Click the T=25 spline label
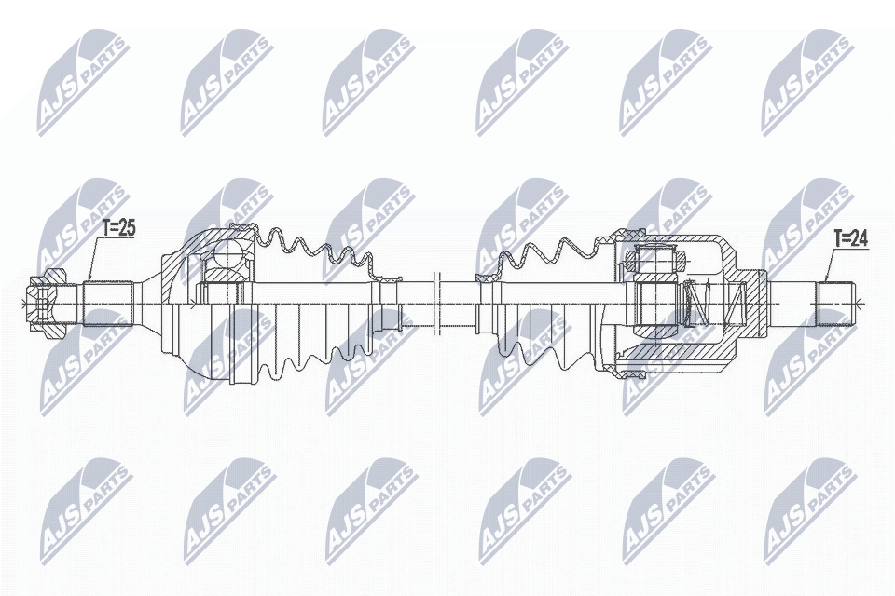[118, 227]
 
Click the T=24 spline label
[849, 239]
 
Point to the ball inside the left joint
[227, 253]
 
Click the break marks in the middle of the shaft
[435, 303]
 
